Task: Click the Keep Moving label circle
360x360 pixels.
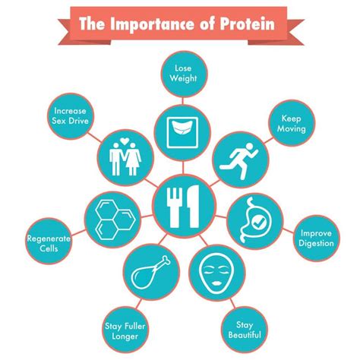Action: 292,124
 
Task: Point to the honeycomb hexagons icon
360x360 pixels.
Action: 110,216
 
